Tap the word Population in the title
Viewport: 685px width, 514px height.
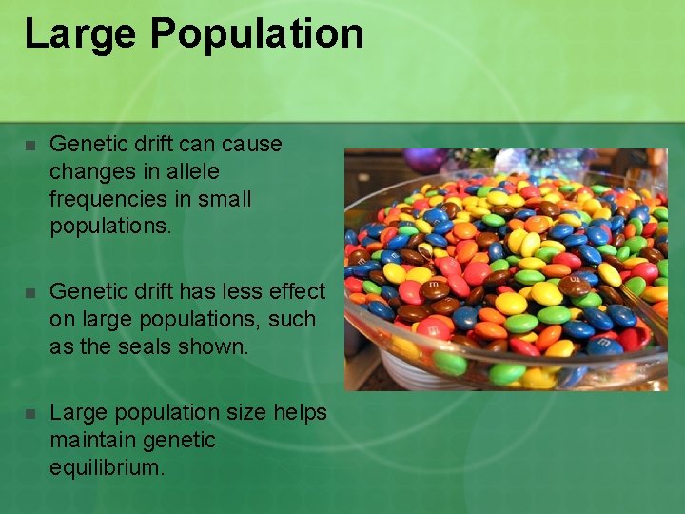click(x=257, y=34)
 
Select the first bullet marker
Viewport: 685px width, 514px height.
click(x=30, y=146)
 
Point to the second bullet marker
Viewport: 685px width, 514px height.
click(x=30, y=293)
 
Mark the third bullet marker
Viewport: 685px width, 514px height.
click(x=30, y=414)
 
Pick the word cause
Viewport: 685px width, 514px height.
click(x=252, y=144)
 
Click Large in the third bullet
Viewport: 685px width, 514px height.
click(x=75, y=413)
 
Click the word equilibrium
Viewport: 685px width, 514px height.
click(x=107, y=467)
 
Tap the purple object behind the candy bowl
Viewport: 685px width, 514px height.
click(x=424, y=161)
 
